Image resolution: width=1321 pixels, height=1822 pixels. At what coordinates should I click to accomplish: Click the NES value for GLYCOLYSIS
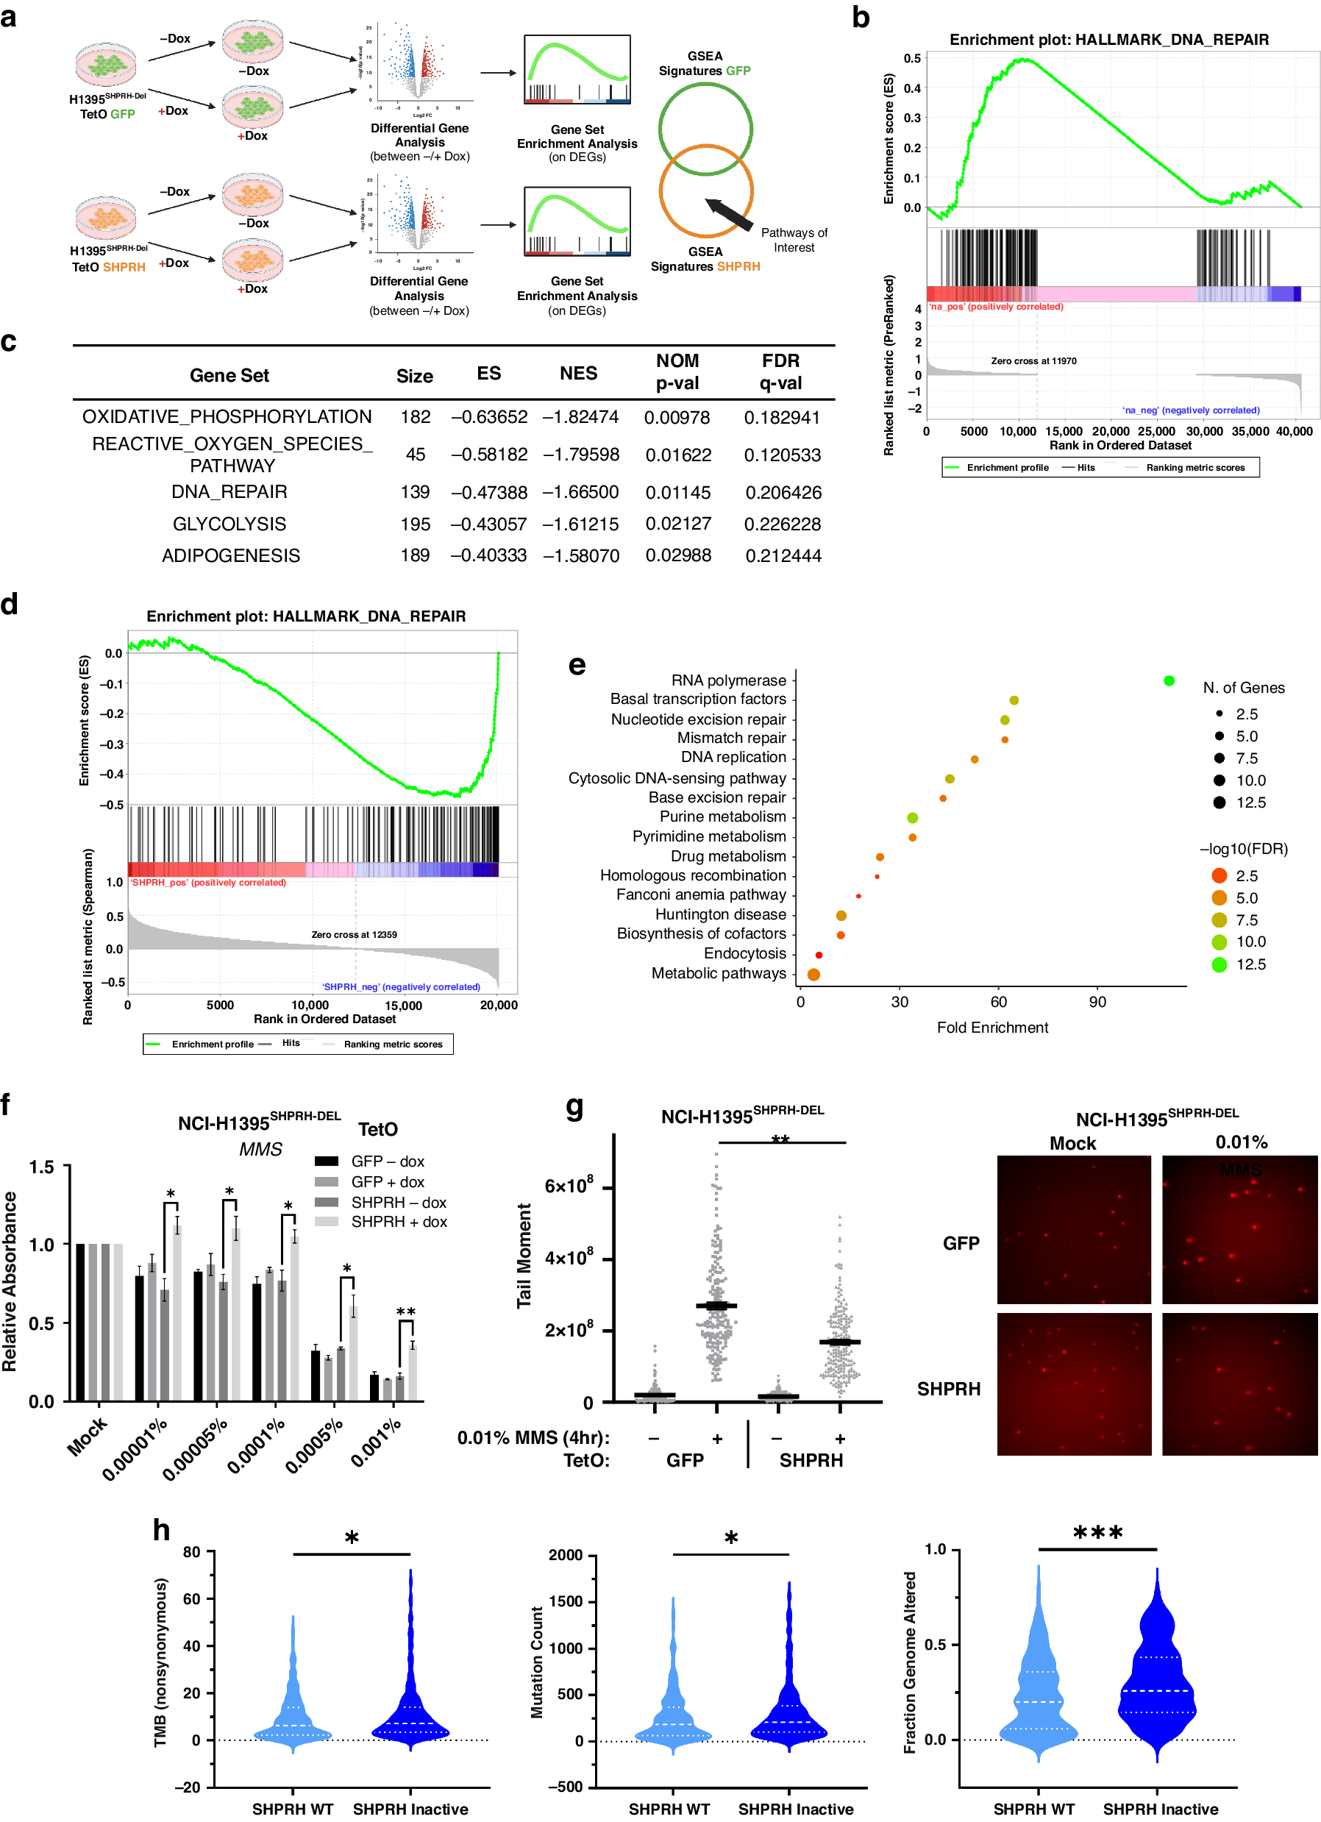tap(580, 524)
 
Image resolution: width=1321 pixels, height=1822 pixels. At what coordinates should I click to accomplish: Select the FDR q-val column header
tap(780, 371)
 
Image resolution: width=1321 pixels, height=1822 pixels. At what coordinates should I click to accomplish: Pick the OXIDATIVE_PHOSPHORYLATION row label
tap(227, 416)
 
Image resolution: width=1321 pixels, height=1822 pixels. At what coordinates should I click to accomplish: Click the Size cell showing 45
tap(415, 454)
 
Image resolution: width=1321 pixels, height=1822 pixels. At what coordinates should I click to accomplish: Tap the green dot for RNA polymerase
tap(1167, 680)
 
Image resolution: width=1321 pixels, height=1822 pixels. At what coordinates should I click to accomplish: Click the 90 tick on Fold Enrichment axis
tap(1096, 1001)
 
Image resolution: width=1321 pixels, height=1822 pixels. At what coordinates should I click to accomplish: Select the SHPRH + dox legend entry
tap(398, 1220)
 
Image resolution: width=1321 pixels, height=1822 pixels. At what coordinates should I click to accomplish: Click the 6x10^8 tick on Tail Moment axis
tap(568, 1185)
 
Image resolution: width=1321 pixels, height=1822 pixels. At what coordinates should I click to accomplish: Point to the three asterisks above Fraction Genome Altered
tap(1097, 1533)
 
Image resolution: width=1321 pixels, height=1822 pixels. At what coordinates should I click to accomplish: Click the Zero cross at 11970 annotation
tap(1033, 360)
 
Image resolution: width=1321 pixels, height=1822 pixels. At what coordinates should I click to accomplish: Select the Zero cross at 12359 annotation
tap(354, 933)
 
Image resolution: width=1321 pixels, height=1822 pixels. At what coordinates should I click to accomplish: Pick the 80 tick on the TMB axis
tap(191, 1551)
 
